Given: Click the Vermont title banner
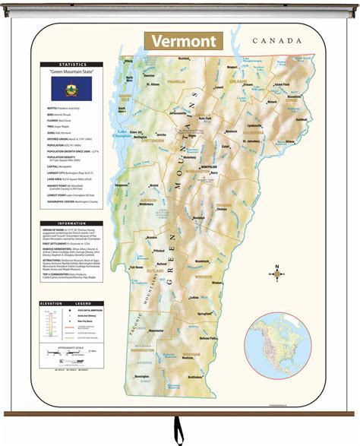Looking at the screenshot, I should tap(183, 41).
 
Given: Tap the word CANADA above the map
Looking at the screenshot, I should tap(278, 40).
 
